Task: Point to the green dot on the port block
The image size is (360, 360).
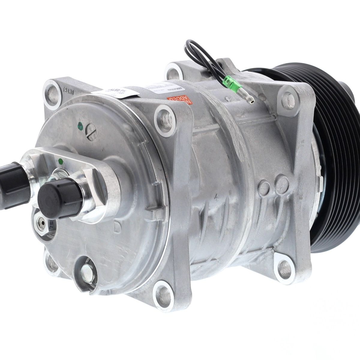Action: pyautogui.click(x=61, y=161)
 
